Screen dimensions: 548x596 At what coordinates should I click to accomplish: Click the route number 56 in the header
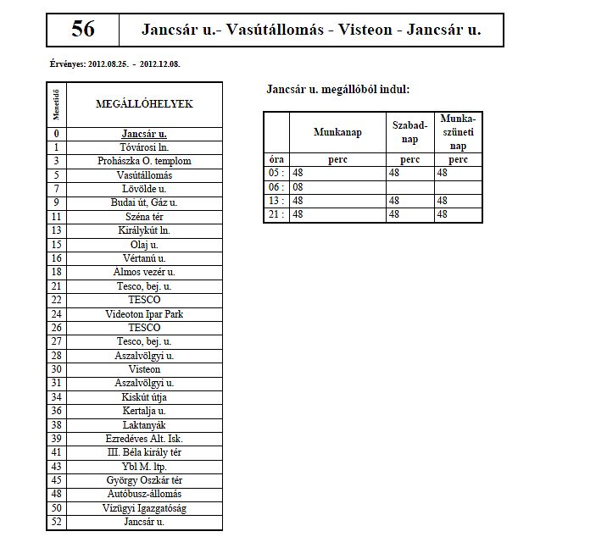click(x=83, y=30)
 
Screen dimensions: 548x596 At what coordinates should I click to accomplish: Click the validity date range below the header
click(x=116, y=64)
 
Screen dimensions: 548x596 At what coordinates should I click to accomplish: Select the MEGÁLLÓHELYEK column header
click(x=143, y=104)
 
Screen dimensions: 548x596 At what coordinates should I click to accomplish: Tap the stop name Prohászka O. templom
click(x=144, y=161)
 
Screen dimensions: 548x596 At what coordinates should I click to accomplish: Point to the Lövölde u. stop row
click(x=144, y=189)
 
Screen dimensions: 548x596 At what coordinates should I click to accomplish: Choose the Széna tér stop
click(x=144, y=217)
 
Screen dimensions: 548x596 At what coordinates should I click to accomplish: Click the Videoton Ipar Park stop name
click(x=144, y=314)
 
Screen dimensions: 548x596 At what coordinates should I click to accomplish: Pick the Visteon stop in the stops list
click(x=144, y=369)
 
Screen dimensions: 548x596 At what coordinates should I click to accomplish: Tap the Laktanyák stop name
click(x=144, y=425)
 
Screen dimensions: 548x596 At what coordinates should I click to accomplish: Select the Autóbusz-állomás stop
click(x=144, y=494)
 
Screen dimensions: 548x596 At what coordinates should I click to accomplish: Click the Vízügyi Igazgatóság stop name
click(x=144, y=508)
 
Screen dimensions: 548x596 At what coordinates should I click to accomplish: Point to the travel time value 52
click(x=56, y=522)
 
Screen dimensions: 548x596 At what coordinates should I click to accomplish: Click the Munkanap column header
click(x=337, y=132)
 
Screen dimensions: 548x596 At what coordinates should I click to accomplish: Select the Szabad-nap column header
click(x=410, y=132)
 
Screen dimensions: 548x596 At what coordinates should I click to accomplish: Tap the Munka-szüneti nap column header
click(x=458, y=132)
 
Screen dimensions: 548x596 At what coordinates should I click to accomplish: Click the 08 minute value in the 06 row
click(x=298, y=186)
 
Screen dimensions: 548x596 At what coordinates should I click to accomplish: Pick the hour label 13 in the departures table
click(x=274, y=201)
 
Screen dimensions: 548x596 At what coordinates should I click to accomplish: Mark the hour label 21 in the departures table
click(x=274, y=215)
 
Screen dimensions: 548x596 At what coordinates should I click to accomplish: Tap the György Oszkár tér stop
click(x=144, y=480)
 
